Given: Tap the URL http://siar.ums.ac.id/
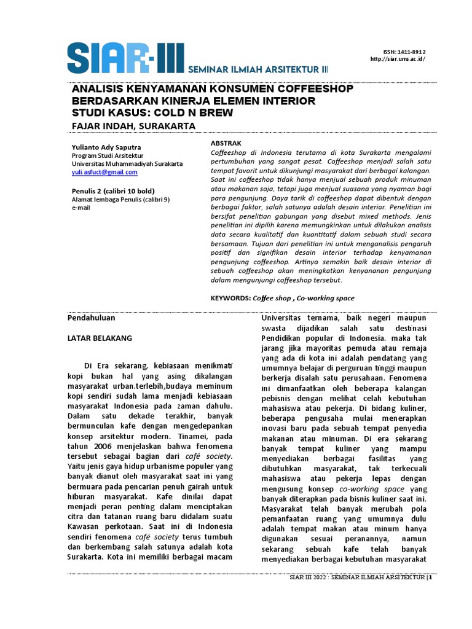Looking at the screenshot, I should pos(398,59).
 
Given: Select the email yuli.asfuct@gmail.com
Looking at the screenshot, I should pos(104,173).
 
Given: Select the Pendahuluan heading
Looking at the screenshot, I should pos(91,318).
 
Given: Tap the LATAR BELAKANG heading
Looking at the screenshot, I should pos(99,338).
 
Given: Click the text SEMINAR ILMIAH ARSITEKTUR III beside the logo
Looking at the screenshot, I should pos(258,70).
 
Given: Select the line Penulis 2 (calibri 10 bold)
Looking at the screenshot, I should pos(113,190).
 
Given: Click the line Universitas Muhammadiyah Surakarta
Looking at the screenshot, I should pos(127,164).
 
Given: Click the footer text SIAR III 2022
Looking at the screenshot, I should pos(307,578).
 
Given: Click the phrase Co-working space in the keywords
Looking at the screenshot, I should pos(326,298).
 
